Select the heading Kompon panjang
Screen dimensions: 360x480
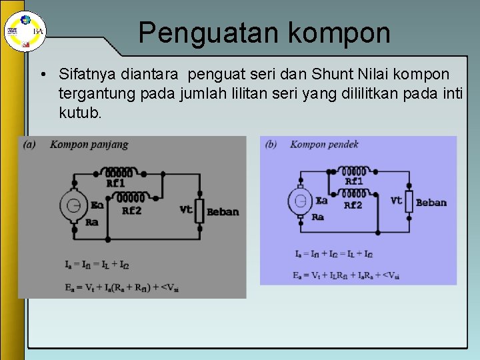click(x=89, y=144)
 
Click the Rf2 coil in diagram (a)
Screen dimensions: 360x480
click(x=131, y=197)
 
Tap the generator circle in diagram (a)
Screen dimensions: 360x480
click(x=74, y=203)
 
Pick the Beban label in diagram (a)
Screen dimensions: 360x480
click(x=223, y=212)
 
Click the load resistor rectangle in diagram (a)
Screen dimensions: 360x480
click(x=199, y=209)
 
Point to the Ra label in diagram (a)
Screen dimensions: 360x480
click(x=92, y=222)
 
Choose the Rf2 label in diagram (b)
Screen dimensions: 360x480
click(x=353, y=205)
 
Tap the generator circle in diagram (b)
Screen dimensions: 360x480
click(x=300, y=199)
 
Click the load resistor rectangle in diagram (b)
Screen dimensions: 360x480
click(x=409, y=200)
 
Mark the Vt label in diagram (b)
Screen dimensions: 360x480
click(x=397, y=200)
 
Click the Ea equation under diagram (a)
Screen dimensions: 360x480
click(x=122, y=287)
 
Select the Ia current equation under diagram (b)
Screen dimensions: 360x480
click(x=333, y=253)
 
